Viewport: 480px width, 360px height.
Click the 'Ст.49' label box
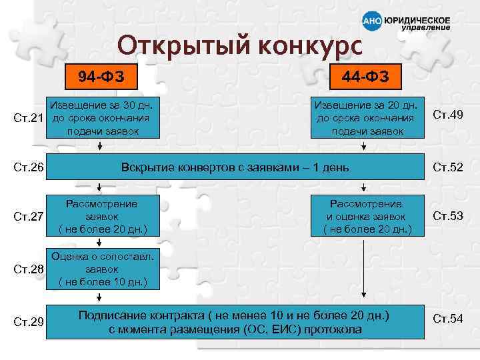[x=447, y=115]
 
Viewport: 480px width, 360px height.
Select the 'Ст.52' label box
[x=447, y=167]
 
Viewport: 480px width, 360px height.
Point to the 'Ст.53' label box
[x=447, y=215]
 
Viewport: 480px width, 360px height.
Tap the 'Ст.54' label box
[x=447, y=319]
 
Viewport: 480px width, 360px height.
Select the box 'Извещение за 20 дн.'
[x=367, y=118]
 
